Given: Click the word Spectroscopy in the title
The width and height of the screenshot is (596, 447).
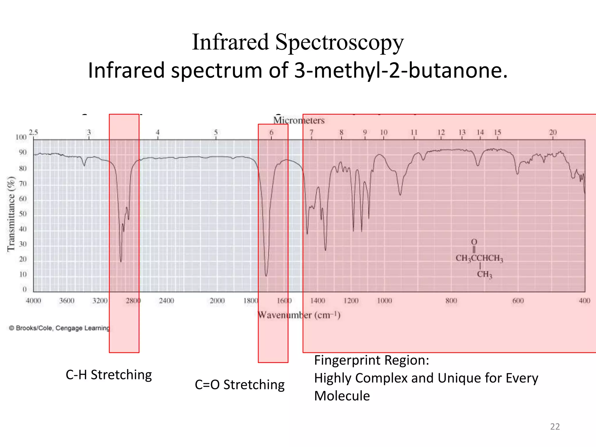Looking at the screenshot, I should [x=339, y=42].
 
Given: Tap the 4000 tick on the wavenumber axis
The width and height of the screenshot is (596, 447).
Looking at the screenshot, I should [x=33, y=301].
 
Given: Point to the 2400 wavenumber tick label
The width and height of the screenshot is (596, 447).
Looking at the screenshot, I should [x=166, y=301].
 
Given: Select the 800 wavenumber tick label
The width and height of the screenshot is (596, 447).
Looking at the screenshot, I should [x=451, y=301].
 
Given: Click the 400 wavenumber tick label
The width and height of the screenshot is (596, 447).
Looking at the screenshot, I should [x=584, y=301].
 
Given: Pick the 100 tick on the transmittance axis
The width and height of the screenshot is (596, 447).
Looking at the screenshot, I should [x=21, y=137].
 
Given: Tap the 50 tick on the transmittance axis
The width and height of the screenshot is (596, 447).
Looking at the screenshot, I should [x=23, y=214].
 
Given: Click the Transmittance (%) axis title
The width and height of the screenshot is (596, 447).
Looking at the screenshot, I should [x=11, y=214].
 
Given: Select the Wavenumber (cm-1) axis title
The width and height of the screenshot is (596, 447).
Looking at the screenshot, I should [x=299, y=315].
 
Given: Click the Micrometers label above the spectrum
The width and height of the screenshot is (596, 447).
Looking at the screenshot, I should [x=299, y=120].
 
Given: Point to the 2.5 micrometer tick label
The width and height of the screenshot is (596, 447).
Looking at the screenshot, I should [x=33, y=132].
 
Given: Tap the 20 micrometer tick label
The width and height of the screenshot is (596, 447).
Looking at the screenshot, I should [x=553, y=132].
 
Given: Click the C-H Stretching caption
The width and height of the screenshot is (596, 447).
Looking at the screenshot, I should [x=109, y=375].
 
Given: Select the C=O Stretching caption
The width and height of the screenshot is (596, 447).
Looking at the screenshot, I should [x=240, y=385].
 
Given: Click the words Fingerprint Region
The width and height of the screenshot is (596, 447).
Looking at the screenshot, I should [x=371, y=360].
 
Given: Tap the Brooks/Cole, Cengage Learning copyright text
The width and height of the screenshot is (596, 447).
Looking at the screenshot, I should [x=59, y=328].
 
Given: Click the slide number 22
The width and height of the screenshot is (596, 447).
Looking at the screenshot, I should [x=555, y=427].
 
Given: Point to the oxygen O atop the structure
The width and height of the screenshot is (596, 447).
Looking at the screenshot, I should [x=474, y=242].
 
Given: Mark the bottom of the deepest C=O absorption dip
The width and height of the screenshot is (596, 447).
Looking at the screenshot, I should [x=266, y=275].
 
